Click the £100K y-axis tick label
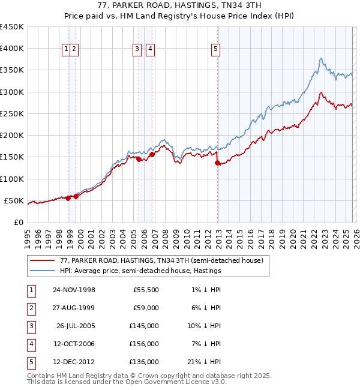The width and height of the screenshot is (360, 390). point(12,179)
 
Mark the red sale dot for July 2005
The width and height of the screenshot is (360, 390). point(139,159)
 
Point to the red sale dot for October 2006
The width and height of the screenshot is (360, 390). point(152,154)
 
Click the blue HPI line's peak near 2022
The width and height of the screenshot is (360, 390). point(321,58)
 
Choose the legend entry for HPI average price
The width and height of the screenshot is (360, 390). point(140,271)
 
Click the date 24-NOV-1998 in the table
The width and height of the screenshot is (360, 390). point(74,290)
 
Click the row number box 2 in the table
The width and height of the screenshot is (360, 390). point(29,308)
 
